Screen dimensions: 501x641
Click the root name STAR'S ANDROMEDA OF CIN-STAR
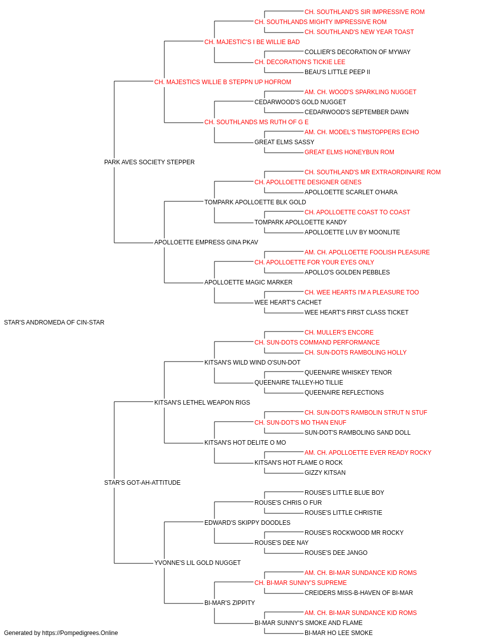click(x=54, y=323)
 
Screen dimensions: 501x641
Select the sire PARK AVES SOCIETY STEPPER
click(x=149, y=162)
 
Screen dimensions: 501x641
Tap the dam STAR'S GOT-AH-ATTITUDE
click(x=142, y=483)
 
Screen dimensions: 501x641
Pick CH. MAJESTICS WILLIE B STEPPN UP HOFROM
click(x=222, y=82)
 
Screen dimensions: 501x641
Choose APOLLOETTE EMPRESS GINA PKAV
click(x=206, y=242)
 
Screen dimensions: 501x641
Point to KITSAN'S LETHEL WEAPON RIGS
click(x=202, y=402)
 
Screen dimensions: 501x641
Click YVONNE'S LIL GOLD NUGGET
click(x=197, y=563)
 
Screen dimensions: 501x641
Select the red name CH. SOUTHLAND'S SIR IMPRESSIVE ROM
click(x=364, y=12)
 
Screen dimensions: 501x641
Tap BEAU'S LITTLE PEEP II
click(x=337, y=72)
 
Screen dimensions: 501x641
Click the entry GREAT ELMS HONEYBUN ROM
click(x=349, y=152)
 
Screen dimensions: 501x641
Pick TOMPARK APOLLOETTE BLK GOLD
click(x=255, y=202)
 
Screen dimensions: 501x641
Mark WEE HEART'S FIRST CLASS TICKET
click(x=356, y=312)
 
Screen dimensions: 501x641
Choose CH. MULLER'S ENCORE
click(x=339, y=333)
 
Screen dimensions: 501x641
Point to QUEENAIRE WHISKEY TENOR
click(x=348, y=373)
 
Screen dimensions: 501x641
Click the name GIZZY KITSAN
click(x=325, y=473)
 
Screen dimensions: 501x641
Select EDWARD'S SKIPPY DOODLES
click(x=247, y=523)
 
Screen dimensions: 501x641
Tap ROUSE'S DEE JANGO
click(x=336, y=553)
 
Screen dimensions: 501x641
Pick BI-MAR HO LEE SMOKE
click(x=339, y=633)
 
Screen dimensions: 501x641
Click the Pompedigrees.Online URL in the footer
click(x=80, y=633)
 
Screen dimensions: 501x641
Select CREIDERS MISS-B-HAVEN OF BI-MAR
click(x=359, y=593)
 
